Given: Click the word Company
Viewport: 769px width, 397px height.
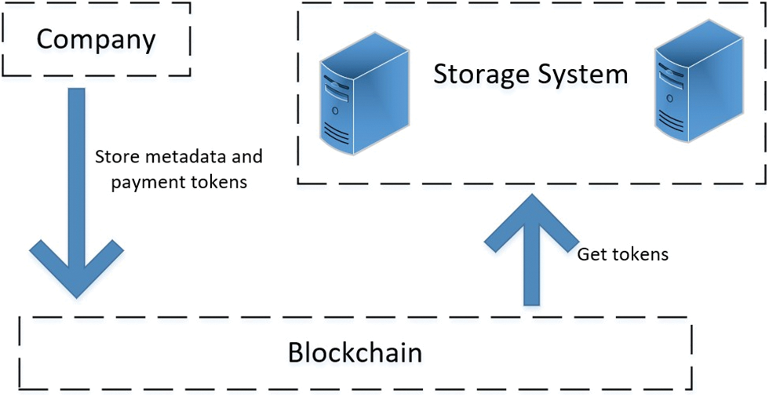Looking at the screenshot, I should coord(97,38).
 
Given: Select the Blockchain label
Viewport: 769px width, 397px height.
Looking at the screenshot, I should coord(355,352).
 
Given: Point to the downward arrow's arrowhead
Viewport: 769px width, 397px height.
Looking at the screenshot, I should coord(76,271).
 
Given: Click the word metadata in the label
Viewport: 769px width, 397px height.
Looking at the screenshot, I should coord(183,156).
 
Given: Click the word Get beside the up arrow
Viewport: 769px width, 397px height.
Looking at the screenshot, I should coord(591,254).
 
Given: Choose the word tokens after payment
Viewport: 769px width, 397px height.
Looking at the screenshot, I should coord(223,182).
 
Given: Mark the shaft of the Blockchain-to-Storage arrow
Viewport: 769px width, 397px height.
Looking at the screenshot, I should coord(532,275).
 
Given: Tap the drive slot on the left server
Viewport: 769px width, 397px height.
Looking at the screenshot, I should coord(333,82).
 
